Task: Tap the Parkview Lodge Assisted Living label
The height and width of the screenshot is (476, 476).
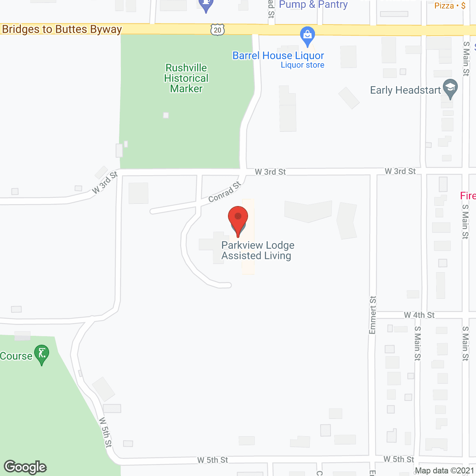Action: (257, 251)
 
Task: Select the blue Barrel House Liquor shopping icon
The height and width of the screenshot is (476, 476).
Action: (307, 36)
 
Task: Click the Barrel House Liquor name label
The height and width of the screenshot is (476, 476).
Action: (278, 56)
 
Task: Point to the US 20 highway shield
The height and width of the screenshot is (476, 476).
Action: (218, 30)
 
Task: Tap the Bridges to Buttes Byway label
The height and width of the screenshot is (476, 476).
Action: (62, 29)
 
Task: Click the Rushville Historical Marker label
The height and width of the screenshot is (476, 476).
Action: (186, 78)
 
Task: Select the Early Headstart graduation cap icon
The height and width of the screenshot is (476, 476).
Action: (450, 88)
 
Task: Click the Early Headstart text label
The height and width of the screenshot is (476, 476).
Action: (405, 90)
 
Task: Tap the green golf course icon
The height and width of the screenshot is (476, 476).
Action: (41, 354)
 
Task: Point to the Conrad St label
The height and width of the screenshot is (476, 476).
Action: (225, 192)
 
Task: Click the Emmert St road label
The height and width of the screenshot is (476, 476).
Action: (373, 315)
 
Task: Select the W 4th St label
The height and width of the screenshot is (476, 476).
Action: (419, 315)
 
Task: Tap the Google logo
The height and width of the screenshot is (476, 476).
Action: (25, 467)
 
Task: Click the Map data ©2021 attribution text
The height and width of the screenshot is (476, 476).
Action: (444, 471)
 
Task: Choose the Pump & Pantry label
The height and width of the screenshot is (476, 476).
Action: (313, 5)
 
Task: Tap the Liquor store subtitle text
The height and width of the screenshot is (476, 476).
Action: (302, 65)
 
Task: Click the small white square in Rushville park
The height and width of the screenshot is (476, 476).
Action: (166, 115)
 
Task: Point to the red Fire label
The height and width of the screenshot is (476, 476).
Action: (468, 196)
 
